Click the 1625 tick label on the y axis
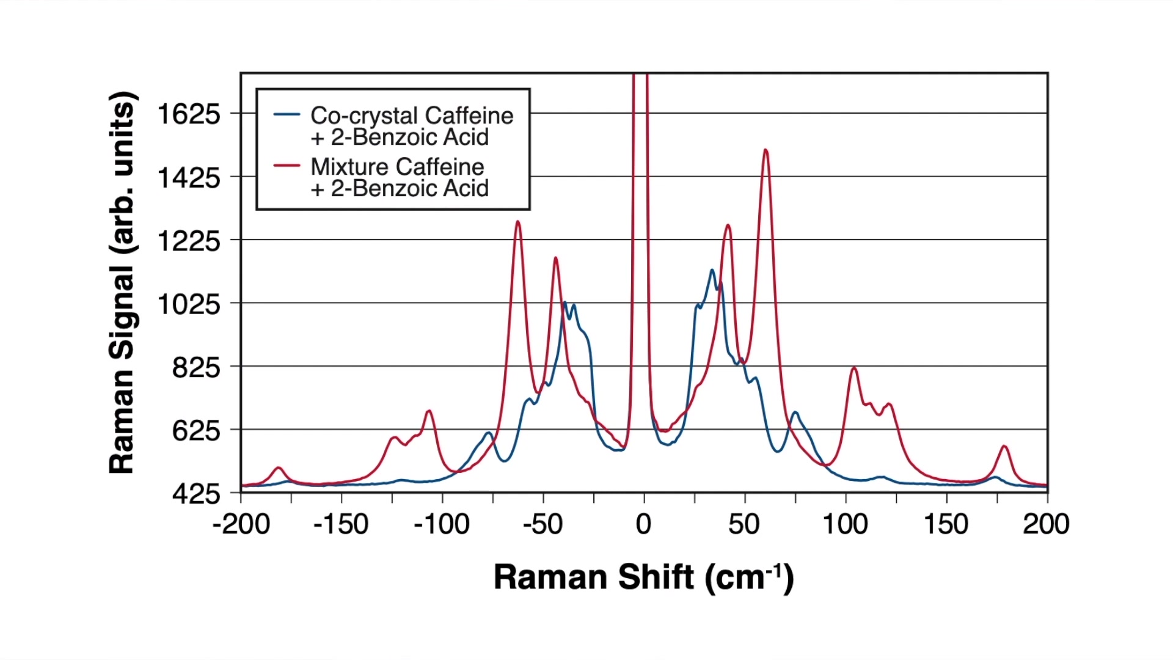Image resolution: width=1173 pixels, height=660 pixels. pos(188,114)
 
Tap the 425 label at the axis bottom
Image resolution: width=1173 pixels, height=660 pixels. pos(195,494)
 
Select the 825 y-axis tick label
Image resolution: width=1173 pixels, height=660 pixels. pos(195,368)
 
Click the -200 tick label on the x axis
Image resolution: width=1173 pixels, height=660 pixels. pos(241,524)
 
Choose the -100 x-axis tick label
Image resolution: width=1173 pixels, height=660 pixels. pos(441,524)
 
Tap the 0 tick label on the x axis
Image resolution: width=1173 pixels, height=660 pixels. pos(643,524)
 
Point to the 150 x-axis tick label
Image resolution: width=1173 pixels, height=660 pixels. pos(946,524)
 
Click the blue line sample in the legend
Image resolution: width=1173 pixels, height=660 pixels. pos(287,114)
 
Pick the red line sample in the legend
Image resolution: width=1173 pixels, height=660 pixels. pos(287,166)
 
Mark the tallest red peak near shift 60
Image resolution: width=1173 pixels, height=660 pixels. pos(766,150)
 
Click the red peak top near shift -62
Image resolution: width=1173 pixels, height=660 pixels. pos(518,222)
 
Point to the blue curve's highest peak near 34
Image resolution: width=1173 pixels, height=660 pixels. pos(712,270)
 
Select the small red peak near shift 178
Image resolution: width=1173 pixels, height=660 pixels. pos(1004,447)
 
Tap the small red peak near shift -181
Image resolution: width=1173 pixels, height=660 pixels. pos(279,468)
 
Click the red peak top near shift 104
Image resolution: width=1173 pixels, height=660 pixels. pos(854,369)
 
